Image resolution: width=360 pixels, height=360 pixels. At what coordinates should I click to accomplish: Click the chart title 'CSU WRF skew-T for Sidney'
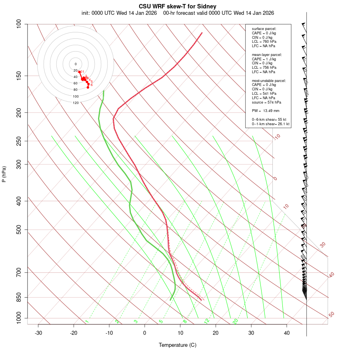178,6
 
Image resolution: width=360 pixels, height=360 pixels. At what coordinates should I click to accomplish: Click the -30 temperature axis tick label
38,333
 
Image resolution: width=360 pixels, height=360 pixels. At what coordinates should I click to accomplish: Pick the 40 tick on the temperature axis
286,333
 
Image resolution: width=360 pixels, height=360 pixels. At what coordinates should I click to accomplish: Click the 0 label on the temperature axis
145,333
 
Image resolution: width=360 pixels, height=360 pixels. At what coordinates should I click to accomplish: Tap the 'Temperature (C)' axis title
178,345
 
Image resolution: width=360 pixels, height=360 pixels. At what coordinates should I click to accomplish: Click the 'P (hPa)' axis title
4,174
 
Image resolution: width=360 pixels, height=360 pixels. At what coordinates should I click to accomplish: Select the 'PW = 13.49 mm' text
266,111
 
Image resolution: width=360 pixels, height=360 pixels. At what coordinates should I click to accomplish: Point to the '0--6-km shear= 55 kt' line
269,120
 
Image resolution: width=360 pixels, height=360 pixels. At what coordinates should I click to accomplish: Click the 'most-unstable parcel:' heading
269,80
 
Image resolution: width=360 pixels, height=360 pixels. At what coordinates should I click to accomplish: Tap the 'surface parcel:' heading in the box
264,29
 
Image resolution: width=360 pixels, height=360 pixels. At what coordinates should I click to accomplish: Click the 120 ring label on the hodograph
76,103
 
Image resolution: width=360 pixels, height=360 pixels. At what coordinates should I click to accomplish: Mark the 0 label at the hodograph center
76,64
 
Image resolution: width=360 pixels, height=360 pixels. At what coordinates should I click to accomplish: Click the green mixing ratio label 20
236,321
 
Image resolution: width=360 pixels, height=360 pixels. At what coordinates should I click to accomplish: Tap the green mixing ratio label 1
87,321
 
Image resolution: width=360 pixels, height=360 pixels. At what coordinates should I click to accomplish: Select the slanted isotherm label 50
331,315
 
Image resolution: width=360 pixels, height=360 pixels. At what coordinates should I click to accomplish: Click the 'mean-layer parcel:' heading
267,54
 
